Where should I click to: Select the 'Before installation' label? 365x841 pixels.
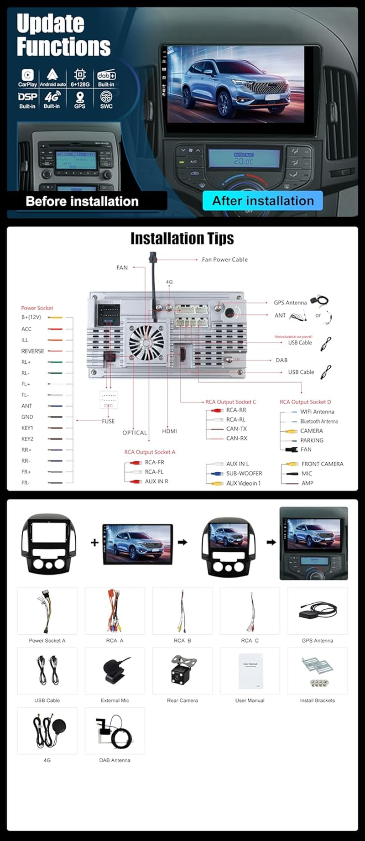(82, 201)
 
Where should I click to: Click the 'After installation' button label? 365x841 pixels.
(263, 201)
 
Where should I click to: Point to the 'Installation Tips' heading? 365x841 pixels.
(182, 238)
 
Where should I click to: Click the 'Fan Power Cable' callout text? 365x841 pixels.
(224, 260)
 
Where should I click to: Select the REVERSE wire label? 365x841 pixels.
(32, 351)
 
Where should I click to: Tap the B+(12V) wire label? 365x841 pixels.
(31, 317)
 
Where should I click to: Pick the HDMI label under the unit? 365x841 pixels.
(169, 431)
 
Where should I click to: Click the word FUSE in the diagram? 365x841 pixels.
(108, 421)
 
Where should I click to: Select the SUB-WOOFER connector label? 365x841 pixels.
(244, 474)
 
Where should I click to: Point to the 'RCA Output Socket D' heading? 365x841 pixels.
(305, 402)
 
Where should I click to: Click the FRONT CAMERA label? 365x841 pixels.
(322, 464)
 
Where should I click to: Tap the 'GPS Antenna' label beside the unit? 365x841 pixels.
(290, 303)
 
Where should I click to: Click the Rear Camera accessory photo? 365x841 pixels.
(182, 670)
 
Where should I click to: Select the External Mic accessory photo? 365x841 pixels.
(115, 670)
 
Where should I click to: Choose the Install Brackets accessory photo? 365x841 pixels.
(317, 670)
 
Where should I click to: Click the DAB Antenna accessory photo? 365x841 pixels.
(115, 731)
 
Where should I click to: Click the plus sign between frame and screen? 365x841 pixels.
(94, 543)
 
